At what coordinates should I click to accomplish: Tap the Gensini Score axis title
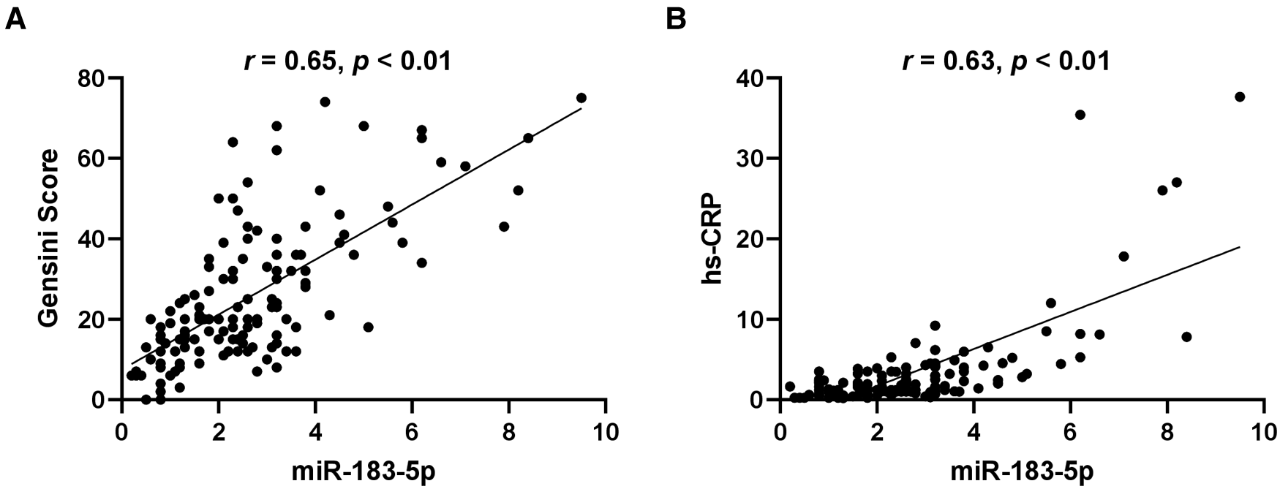[x=49, y=238]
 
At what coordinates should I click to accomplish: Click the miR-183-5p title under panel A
[x=363, y=471]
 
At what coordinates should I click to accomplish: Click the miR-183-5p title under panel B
[x=1022, y=471]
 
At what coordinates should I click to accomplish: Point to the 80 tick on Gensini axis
[x=93, y=78]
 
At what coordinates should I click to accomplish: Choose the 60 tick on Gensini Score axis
[x=93, y=159]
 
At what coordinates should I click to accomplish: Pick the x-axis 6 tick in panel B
[x=1070, y=432]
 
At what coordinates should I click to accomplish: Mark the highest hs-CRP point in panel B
[x=1240, y=96]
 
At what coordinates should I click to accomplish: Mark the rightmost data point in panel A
[x=581, y=98]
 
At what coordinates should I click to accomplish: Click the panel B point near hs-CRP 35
[x=1080, y=115]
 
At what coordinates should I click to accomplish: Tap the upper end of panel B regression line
[x=1240, y=247]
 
